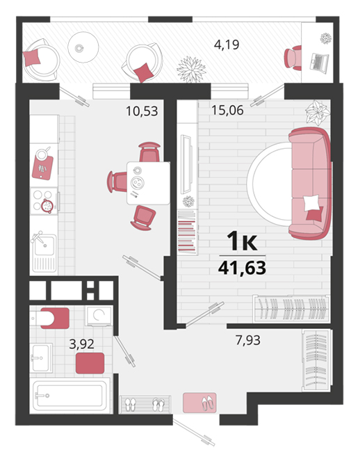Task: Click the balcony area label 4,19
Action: tap(227, 45)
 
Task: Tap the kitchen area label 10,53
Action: tap(142, 111)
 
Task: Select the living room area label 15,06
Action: tap(227, 110)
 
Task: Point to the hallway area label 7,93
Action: tap(248, 340)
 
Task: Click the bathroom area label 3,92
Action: tap(81, 344)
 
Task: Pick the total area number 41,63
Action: tap(242, 268)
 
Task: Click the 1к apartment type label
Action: tap(242, 241)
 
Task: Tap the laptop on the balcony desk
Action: tap(320, 63)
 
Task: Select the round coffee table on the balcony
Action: tap(83, 47)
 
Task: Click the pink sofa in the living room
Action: tap(310, 184)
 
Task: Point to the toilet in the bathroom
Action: tap(50, 318)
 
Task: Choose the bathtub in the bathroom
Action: tap(71, 396)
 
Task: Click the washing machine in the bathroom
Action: tap(99, 316)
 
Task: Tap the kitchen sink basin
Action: tap(44, 245)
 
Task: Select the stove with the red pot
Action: tap(44, 201)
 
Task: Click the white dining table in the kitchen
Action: tap(148, 183)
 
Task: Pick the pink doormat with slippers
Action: tap(199, 403)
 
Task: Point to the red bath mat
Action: tap(90, 363)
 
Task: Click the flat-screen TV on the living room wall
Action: tap(186, 164)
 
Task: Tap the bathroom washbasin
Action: tap(42, 357)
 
